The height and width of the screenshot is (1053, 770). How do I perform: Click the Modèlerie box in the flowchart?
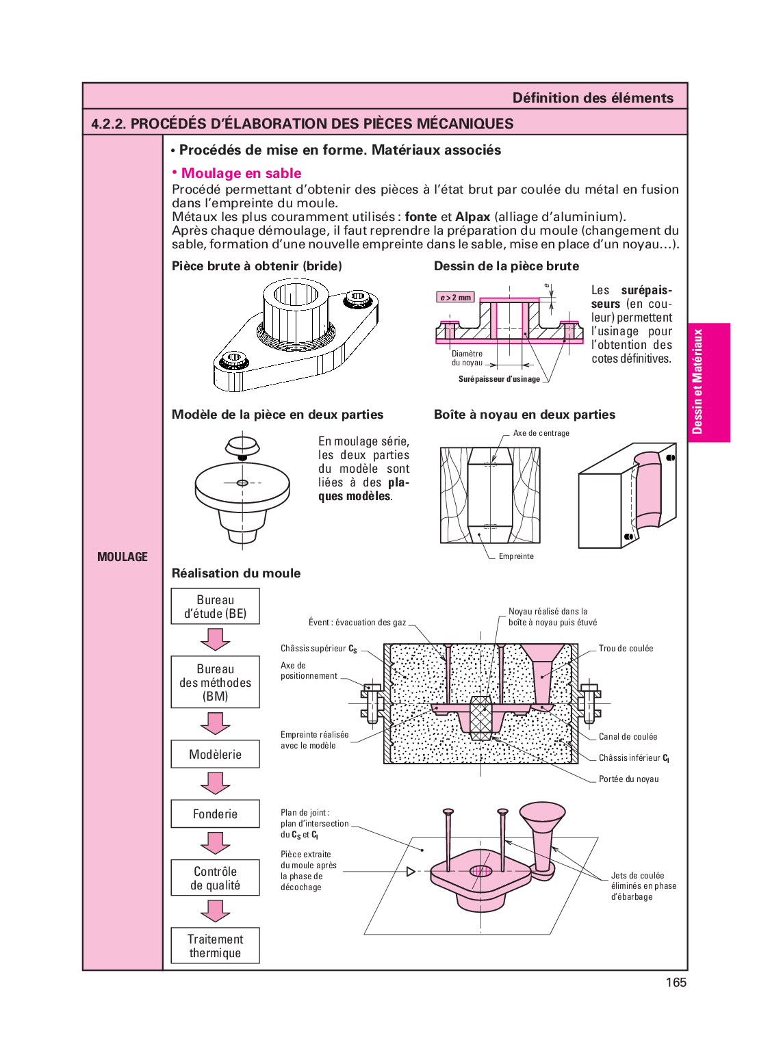click(x=215, y=754)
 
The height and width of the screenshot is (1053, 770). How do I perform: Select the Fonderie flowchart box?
click(x=215, y=814)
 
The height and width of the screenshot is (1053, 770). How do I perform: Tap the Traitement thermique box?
click(x=215, y=946)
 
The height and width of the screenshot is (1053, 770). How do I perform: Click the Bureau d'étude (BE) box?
click(x=215, y=606)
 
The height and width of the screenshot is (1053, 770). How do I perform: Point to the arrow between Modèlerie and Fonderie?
click(x=215, y=783)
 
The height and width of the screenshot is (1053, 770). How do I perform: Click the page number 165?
click(x=676, y=983)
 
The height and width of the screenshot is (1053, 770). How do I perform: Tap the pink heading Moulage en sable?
click(x=241, y=173)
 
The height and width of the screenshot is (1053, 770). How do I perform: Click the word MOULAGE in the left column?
click(x=123, y=557)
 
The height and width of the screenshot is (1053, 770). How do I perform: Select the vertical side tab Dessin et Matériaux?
click(x=697, y=382)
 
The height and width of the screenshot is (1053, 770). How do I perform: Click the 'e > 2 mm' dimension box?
click(x=455, y=298)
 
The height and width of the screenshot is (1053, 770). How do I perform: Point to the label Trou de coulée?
click(x=626, y=648)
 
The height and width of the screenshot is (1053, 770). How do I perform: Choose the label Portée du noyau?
click(x=628, y=779)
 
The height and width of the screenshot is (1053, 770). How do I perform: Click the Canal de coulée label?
click(x=628, y=736)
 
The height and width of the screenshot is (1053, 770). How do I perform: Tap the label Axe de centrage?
click(x=541, y=433)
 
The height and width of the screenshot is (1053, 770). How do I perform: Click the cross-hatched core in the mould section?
click(x=481, y=718)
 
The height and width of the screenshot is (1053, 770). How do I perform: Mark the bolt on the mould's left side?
click(x=371, y=702)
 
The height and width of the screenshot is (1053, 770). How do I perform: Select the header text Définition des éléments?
click(x=593, y=98)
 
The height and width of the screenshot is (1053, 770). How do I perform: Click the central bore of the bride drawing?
click(x=296, y=295)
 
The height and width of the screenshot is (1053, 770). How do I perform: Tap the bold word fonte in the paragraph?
click(x=420, y=217)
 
